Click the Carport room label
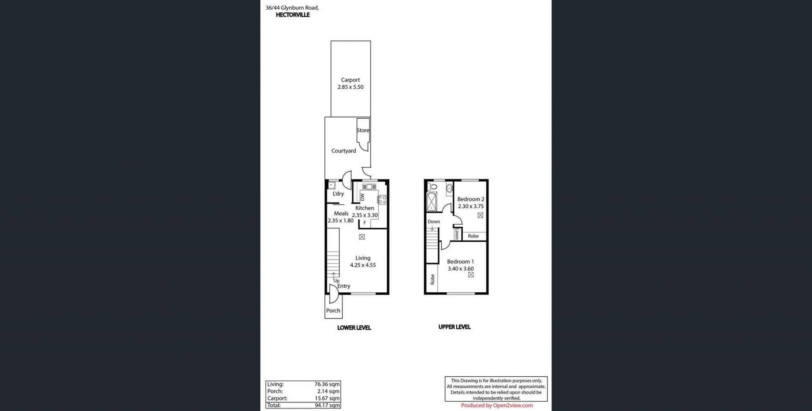coord(350,80)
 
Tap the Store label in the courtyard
coord(363,131)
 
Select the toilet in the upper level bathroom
coord(433,187)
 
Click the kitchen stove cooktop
coord(382,199)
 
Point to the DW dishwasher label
coord(362,197)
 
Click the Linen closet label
coord(457,234)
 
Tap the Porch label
coord(333,310)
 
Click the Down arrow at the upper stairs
coord(432,228)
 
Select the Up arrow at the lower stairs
coord(333,275)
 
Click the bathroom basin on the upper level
coord(449,188)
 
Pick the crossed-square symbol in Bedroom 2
coord(480,215)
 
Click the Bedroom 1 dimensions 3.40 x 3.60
coord(461,269)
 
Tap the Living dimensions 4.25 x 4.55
coord(363,265)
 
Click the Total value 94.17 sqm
coord(327,406)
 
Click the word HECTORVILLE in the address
coord(293,15)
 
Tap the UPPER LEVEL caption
coord(454,327)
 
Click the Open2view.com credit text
coord(513,406)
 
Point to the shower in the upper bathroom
coord(431,201)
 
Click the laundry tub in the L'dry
coord(332,185)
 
